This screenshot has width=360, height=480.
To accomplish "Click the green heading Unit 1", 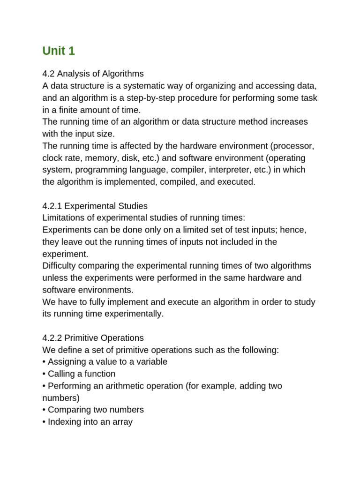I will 59,51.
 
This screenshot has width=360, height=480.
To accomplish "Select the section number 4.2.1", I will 52,206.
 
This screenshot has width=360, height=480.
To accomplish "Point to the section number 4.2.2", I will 52,338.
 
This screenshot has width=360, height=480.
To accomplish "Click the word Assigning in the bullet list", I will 66,362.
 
